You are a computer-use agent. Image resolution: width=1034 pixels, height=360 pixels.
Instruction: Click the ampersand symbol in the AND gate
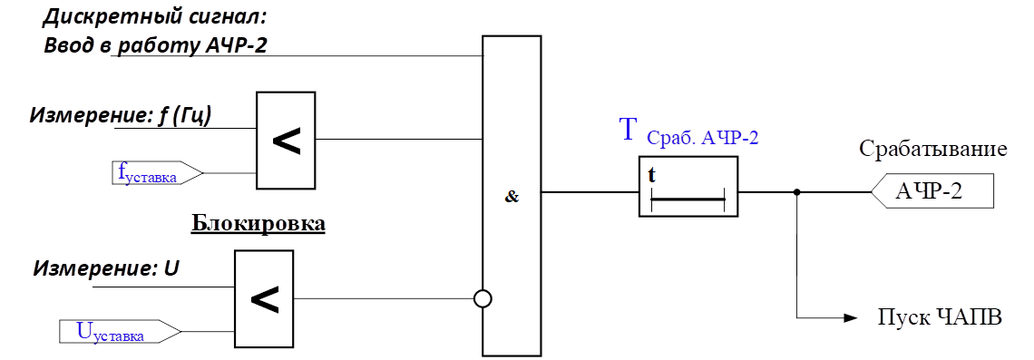pos(512,197)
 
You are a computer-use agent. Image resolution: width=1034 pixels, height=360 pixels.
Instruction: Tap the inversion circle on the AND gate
pos(483,299)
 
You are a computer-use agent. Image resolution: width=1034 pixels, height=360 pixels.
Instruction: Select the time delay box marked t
pos(688,186)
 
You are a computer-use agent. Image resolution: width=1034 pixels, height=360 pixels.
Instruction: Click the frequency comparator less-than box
pos(287,141)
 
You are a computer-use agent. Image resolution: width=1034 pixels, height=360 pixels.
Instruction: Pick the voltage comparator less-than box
pos(263,298)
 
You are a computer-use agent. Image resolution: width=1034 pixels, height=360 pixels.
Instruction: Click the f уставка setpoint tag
pos(157,173)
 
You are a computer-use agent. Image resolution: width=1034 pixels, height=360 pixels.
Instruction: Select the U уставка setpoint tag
pos(119,331)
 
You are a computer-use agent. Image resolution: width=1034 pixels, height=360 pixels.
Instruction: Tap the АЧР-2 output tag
pos(932,191)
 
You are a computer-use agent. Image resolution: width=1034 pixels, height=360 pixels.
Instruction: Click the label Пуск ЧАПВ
pos(940,317)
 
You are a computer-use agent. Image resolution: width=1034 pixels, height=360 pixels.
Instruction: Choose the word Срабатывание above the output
pos(933,150)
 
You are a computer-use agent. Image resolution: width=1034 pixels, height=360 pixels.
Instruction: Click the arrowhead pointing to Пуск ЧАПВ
pos(850,318)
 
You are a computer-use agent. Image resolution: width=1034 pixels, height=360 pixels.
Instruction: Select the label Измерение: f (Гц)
pos(120,116)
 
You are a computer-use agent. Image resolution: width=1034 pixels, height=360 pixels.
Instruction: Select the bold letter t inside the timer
pos(652,175)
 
